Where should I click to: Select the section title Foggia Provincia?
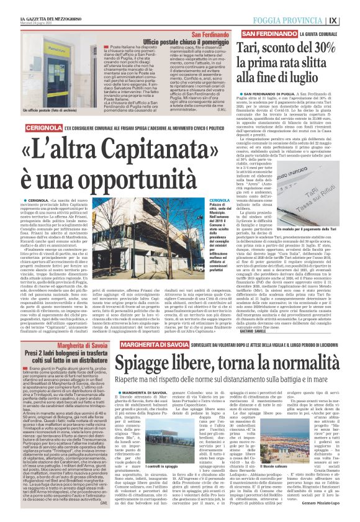point(301,19)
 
